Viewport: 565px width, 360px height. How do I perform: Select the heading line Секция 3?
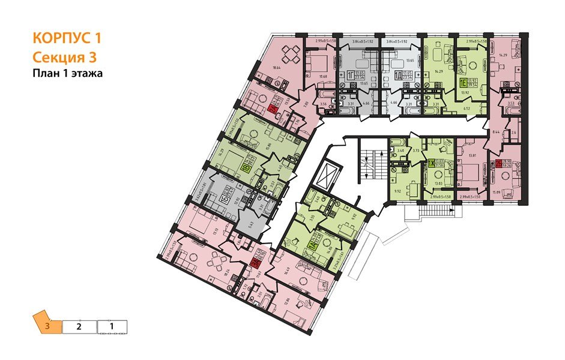click(x=63, y=57)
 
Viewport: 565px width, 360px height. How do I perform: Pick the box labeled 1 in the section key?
click(x=112, y=327)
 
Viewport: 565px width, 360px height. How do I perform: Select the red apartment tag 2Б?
click(x=499, y=163)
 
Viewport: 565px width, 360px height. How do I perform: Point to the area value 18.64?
click(x=277, y=69)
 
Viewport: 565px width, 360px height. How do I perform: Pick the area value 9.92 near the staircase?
click(x=397, y=192)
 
